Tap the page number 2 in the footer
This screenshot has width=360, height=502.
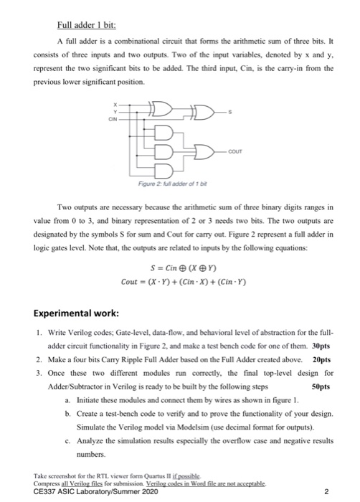pyautogui.click(x=326, y=492)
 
